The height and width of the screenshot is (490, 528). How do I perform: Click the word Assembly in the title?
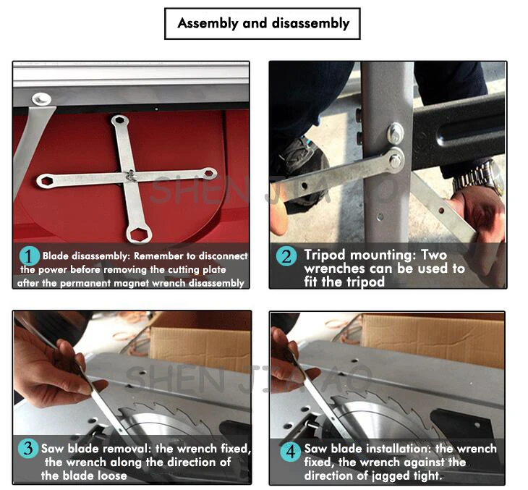click(208, 24)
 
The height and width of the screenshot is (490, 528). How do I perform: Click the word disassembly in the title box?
click(310, 23)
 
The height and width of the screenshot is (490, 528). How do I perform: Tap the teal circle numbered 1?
click(29, 256)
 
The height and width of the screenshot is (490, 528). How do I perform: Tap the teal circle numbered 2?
click(286, 256)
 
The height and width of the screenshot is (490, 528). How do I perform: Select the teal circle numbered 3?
click(28, 448)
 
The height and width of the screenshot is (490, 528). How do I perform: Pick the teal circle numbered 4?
click(290, 451)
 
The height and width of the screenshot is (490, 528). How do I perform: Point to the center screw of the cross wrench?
click(130, 175)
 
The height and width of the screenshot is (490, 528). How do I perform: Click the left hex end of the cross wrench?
click(45, 181)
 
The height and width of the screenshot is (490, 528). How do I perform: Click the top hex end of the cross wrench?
click(119, 120)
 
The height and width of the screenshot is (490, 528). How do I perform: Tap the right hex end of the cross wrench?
click(209, 173)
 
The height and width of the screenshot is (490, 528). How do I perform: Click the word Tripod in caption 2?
click(325, 255)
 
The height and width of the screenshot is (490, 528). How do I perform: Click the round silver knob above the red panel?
click(41, 99)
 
